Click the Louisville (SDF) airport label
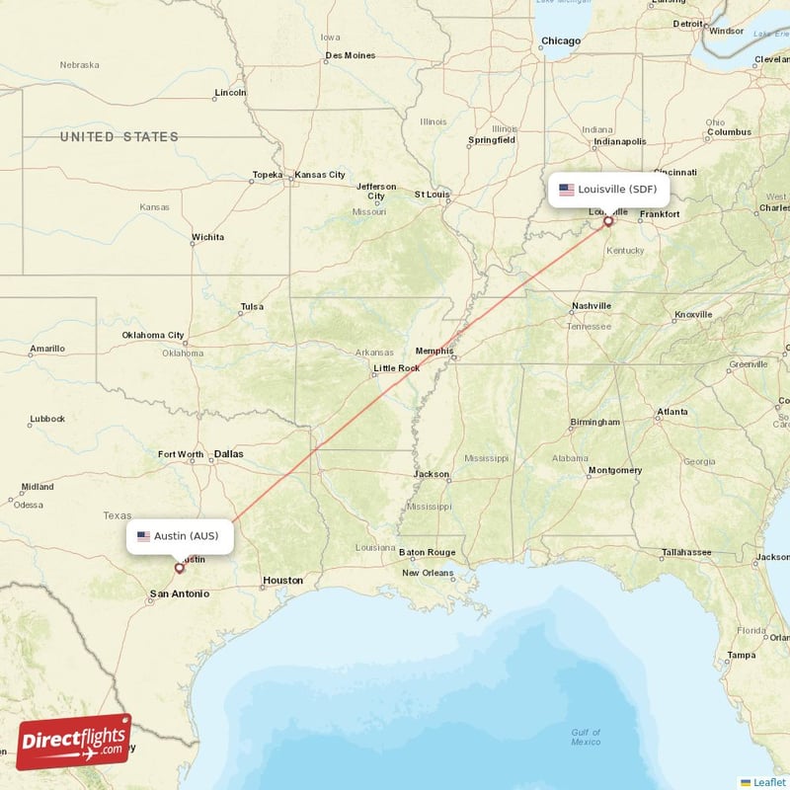(x=609, y=189)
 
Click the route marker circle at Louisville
(x=608, y=221)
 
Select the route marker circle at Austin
(x=179, y=568)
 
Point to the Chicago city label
(x=560, y=41)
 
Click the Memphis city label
(x=434, y=351)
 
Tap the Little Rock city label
(x=395, y=368)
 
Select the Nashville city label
(x=591, y=306)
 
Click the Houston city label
(x=281, y=580)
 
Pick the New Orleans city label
(x=427, y=573)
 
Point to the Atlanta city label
(x=672, y=412)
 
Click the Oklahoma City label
(x=152, y=335)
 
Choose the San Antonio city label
(x=179, y=593)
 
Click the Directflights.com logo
(x=73, y=742)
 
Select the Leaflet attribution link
(x=768, y=781)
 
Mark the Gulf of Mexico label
(x=586, y=736)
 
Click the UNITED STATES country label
(x=119, y=137)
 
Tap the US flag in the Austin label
(x=143, y=536)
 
